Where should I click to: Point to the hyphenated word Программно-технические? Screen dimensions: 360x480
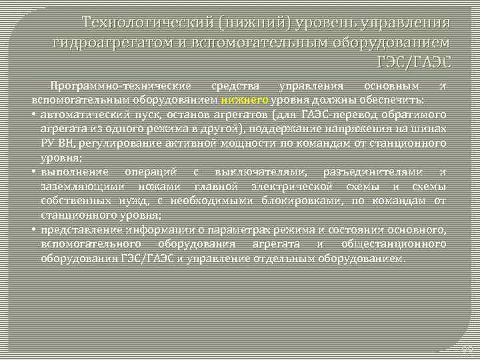(123, 87)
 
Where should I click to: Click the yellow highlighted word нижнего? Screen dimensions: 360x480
(245, 100)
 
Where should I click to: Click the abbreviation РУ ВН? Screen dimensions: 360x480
(56, 143)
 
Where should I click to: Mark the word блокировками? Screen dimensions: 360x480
(297, 201)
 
